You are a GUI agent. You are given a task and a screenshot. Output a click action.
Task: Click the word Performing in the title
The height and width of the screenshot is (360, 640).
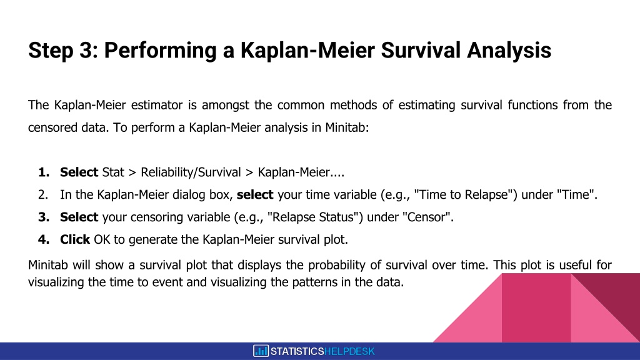(160, 51)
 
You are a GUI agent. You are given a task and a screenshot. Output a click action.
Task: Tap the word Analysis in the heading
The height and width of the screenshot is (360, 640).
(509, 51)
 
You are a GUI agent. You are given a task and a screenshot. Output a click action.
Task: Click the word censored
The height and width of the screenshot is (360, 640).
(52, 127)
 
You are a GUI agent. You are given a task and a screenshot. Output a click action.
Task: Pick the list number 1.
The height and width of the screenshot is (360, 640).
(44, 172)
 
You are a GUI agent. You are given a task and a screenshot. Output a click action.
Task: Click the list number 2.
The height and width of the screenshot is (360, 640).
(43, 195)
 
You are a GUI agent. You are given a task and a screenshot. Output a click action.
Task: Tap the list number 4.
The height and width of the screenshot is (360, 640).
(44, 239)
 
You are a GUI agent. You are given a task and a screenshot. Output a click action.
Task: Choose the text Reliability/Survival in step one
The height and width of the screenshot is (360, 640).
(191, 172)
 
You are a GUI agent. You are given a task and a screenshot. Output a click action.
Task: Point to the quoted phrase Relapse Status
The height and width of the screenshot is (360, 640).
(312, 217)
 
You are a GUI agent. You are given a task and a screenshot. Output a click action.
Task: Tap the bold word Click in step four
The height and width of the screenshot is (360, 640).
(75, 239)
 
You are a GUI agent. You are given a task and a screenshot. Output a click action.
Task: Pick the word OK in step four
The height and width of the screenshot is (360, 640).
(102, 239)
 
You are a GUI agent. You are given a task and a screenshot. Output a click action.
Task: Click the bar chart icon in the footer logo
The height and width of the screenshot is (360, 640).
(261, 351)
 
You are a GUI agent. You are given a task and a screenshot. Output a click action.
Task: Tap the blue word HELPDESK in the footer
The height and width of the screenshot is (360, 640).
(349, 351)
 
